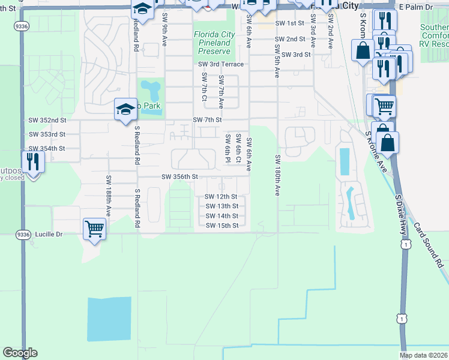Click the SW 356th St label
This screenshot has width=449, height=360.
pos(179,177)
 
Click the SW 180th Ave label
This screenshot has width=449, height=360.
pos(277,175)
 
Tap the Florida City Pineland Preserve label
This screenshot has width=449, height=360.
pos(212,43)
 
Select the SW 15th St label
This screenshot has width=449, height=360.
pos(222,226)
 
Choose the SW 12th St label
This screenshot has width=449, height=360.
pos(221,197)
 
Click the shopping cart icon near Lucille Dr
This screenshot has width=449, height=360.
pos(95,228)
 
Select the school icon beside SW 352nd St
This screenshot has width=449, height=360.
pos(125,110)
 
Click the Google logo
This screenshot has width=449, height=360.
pos(20,353)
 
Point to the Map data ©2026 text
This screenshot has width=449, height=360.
pos(423,355)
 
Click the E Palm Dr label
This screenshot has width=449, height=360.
pos(415,6)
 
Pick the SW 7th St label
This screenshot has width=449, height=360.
pos(208,120)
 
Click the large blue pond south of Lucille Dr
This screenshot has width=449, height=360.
pos(109,320)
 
